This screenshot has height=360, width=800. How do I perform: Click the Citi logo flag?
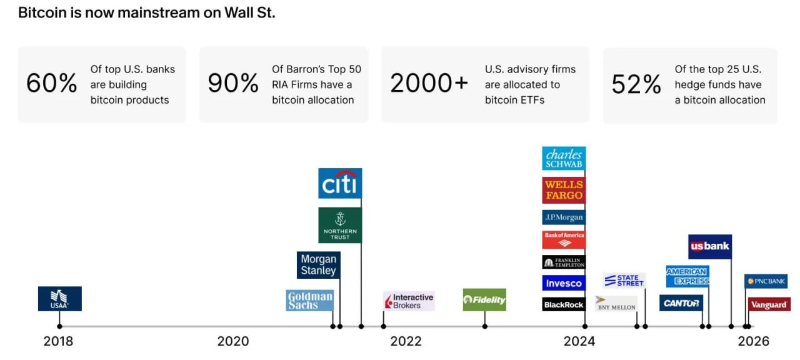(x=340, y=183)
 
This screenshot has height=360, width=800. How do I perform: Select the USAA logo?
(x=60, y=299)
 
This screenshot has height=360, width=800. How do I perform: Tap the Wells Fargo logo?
(x=564, y=190)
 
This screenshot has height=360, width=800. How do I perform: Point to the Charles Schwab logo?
(x=564, y=159)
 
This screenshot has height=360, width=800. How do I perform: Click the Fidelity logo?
(x=484, y=300)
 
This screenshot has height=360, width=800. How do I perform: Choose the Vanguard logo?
(x=769, y=304)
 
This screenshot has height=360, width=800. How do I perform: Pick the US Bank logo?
(x=710, y=246)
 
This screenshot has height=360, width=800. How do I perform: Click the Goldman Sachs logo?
(x=310, y=301)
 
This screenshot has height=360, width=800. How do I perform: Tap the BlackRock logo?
(x=564, y=304)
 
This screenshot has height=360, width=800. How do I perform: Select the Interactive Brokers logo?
(x=409, y=301)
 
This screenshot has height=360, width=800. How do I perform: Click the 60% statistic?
(x=52, y=84)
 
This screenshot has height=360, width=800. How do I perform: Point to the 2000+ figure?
(x=429, y=83)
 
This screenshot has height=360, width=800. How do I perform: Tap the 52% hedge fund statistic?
(x=636, y=84)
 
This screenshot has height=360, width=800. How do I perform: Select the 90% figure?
(x=233, y=84)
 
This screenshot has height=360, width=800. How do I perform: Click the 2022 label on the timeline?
(x=406, y=341)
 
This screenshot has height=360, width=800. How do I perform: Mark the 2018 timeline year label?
(x=58, y=341)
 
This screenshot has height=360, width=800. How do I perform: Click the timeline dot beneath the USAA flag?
(x=59, y=326)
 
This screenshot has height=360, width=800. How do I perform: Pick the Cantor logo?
(x=681, y=303)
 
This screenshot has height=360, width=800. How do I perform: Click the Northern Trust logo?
(x=340, y=225)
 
